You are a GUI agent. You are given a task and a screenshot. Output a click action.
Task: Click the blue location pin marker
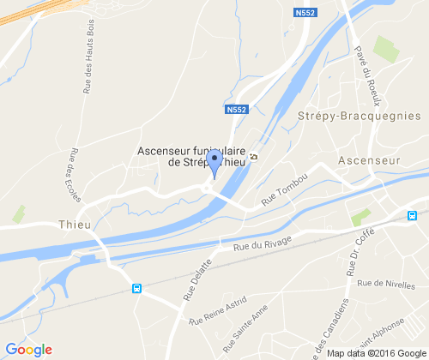(214, 161)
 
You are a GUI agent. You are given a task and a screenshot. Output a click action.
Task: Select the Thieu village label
(74, 224)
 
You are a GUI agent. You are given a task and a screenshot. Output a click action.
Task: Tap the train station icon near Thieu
(136, 288)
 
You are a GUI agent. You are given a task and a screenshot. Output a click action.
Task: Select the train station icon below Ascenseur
(412, 215)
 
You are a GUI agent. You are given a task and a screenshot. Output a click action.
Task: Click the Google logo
(28, 349)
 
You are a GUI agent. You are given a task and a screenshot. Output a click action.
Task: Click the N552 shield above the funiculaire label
(238, 111)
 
